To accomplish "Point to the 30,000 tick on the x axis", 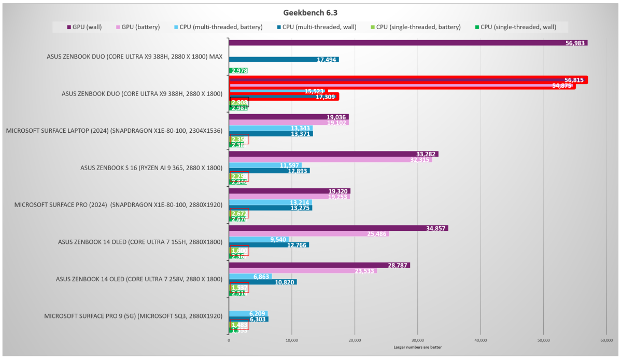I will [417, 340].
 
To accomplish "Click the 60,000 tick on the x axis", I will [606, 340].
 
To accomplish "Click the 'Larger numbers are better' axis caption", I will [417, 347].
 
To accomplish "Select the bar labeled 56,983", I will [407, 43].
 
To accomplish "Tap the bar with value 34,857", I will [338, 228].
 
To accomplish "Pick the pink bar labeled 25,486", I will [308, 234].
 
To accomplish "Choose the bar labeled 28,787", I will [319, 265].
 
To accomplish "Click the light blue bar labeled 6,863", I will [250, 276].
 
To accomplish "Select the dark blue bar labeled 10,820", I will [262, 282].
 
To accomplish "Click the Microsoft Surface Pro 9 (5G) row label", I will [133, 315].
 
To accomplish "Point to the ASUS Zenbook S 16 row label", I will [151, 168].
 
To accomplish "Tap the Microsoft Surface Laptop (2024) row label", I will [114, 131].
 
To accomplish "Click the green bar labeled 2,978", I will [238, 71].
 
